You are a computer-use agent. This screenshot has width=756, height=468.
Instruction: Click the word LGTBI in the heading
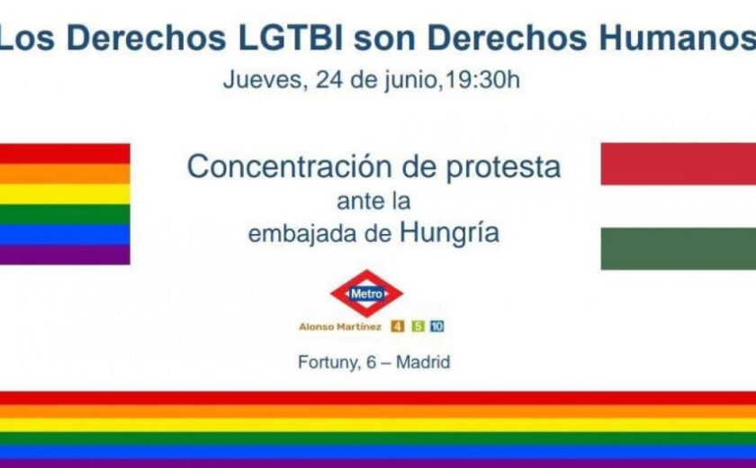click(x=291, y=37)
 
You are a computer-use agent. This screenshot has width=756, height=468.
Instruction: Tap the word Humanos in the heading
click(x=678, y=37)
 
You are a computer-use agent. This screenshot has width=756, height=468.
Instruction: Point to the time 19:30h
click(x=482, y=79)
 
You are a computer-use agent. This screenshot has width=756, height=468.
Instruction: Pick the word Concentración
click(x=289, y=167)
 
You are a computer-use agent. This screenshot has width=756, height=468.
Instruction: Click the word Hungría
click(x=449, y=232)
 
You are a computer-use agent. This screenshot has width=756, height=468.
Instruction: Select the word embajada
click(x=302, y=233)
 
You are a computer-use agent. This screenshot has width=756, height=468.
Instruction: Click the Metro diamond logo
click(x=366, y=293)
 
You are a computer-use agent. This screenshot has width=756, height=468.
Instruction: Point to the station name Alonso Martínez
click(x=340, y=327)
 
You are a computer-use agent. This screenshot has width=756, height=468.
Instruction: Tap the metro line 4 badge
click(x=398, y=327)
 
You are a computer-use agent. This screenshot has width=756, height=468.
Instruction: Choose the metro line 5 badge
click(x=418, y=327)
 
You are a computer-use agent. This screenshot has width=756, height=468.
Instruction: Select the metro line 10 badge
click(x=437, y=327)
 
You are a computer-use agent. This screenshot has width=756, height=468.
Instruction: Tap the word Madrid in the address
click(x=423, y=362)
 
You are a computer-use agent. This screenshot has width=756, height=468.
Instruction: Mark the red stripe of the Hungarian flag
click(x=679, y=164)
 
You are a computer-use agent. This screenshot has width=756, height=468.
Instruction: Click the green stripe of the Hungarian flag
click(x=679, y=248)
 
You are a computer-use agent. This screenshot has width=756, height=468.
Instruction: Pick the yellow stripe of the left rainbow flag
click(x=65, y=193)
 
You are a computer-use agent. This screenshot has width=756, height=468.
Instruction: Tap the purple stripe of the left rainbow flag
click(x=65, y=255)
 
